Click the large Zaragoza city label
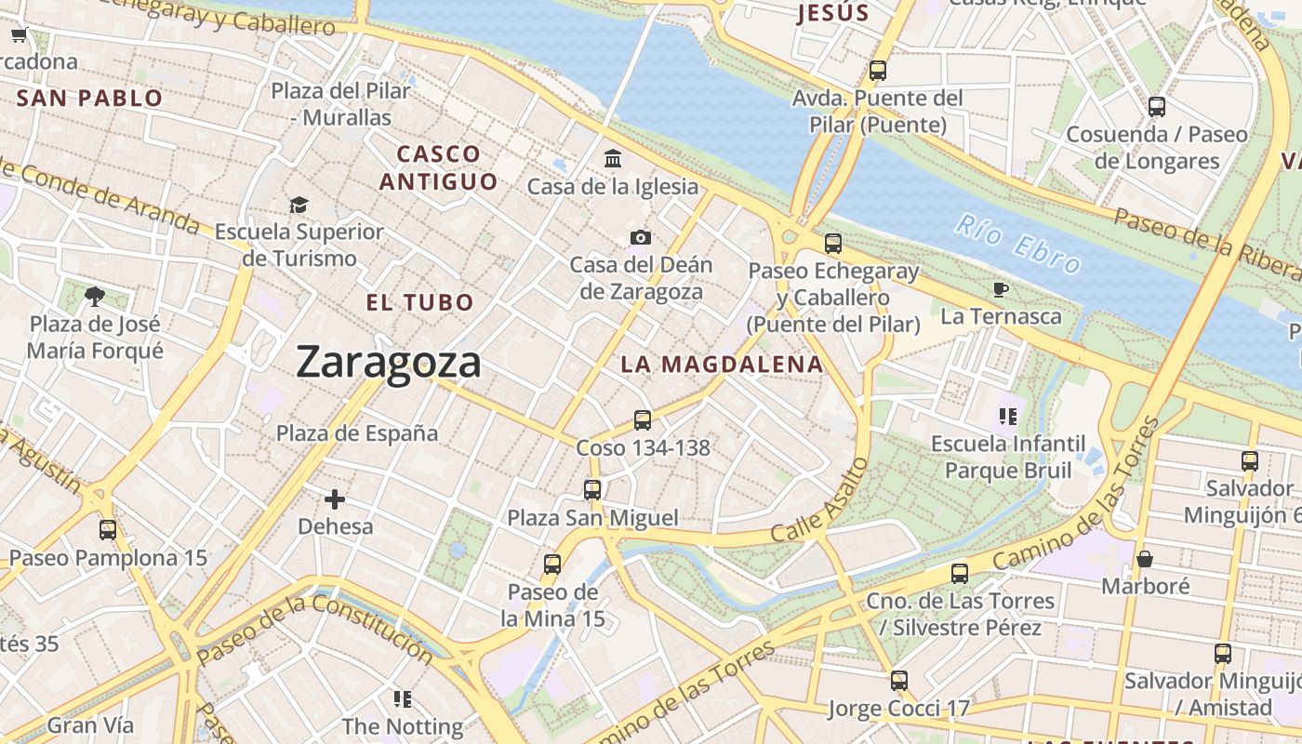pos(389,362)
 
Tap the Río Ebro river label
pos(1019,244)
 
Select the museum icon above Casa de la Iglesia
pos(613,159)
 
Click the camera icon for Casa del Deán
pos(640,238)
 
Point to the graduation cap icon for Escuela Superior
pos(299,205)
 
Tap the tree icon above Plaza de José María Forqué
pos(94,297)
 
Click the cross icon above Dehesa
pos(335,499)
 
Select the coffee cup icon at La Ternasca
pos(1001,289)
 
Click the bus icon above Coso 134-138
pos(643,419)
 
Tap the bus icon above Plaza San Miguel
pos(592,490)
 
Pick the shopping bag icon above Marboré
pos(1145,559)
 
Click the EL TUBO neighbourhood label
pos(419,302)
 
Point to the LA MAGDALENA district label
pos(722,365)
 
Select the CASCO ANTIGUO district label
pos(438,167)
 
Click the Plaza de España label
pos(357,433)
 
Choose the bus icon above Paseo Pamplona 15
pos(108,530)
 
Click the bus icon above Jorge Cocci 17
pos(898,681)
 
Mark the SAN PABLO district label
pos(90,98)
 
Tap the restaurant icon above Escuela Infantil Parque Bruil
pos(1008,416)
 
